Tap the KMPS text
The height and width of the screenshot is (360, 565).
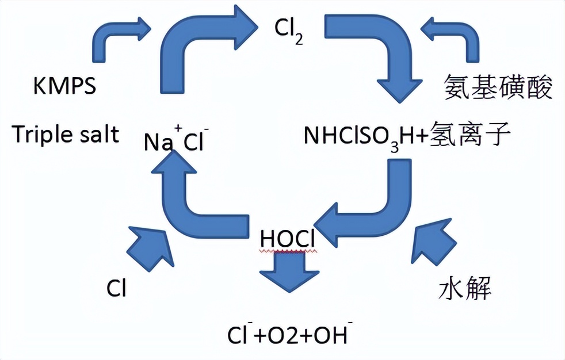[64, 87]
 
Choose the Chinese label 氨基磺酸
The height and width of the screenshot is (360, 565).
[498, 88]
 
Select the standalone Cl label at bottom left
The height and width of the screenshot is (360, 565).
[116, 289]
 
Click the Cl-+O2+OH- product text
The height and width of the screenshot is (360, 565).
[288, 335]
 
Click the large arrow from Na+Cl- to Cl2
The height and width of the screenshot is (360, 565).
[196, 46]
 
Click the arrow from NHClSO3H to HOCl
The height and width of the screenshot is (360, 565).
[374, 207]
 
